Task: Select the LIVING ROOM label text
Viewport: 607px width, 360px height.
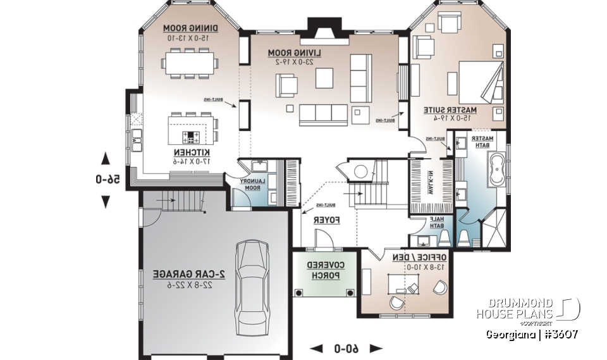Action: coord(295,53)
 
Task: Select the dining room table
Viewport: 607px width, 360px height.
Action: coord(190,63)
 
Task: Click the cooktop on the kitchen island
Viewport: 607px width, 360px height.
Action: coord(191,136)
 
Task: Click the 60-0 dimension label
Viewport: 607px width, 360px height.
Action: coord(346,348)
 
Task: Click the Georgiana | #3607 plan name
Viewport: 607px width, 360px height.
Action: coord(531,333)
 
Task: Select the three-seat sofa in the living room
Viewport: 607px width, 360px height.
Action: coord(323,113)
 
